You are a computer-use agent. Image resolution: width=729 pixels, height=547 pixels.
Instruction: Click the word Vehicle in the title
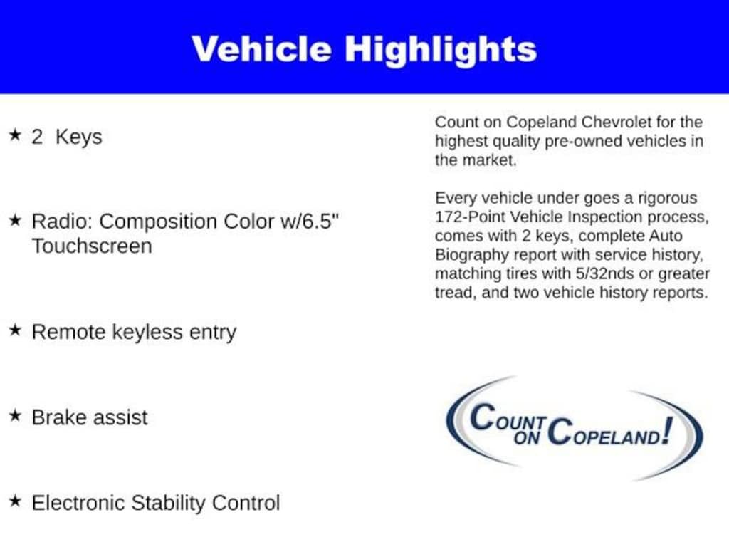click(x=261, y=49)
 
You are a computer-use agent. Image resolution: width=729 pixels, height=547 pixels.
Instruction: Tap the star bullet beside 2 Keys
click(x=15, y=135)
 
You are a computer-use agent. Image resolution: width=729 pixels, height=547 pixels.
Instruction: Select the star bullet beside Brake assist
click(x=15, y=415)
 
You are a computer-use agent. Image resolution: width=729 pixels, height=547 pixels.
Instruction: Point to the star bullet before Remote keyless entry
click(x=15, y=330)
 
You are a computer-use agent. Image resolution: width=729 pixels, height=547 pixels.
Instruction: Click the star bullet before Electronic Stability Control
click(x=15, y=501)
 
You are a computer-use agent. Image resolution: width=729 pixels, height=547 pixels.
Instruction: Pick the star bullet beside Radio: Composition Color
click(x=15, y=219)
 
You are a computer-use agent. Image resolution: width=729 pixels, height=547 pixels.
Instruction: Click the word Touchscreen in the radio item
click(x=92, y=246)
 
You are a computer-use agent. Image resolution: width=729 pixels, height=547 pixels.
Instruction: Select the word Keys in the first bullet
click(x=78, y=137)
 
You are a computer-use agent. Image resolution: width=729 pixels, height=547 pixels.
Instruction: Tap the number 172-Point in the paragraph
click(x=470, y=217)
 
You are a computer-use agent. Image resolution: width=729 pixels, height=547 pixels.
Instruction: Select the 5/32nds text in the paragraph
click(x=604, y=273)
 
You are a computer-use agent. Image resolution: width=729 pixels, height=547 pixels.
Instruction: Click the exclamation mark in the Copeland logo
click(x=666, y=431)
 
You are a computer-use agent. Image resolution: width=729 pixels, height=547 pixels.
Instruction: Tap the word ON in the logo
click(x=527, y=437)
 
